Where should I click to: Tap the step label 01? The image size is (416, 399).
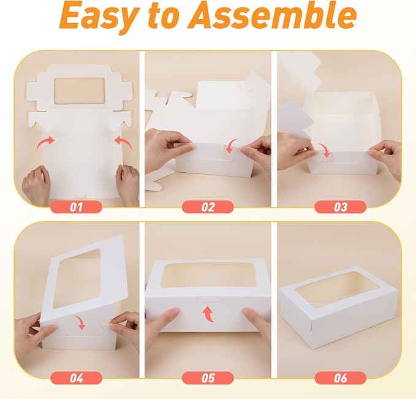click(76, 207)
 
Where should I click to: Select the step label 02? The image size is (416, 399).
click(208, 207)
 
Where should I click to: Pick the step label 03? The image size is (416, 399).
click(341, 207)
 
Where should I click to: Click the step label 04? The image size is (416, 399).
click(76, 378)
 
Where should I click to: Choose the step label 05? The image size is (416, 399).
click(208, 378)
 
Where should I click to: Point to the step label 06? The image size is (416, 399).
click(341, 378)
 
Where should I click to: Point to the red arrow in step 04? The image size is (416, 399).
click(80, 321)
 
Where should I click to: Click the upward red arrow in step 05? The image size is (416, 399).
click(208, 314)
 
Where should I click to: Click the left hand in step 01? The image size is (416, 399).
click(35, 184)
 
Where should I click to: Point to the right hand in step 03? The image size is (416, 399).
click(386, 158)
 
